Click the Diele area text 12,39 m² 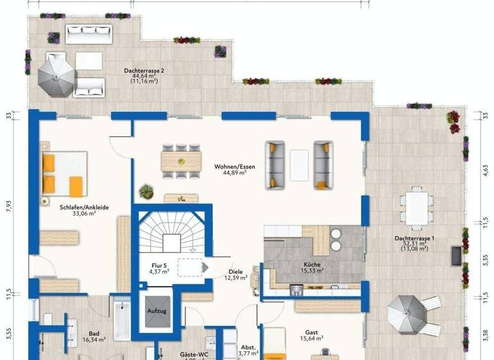click(235, 278)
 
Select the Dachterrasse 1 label click(414, 239)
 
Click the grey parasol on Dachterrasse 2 click(55, 73)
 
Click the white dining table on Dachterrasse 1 click(416, 207)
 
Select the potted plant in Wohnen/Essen click(147, 191)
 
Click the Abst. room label click(248, 347)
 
